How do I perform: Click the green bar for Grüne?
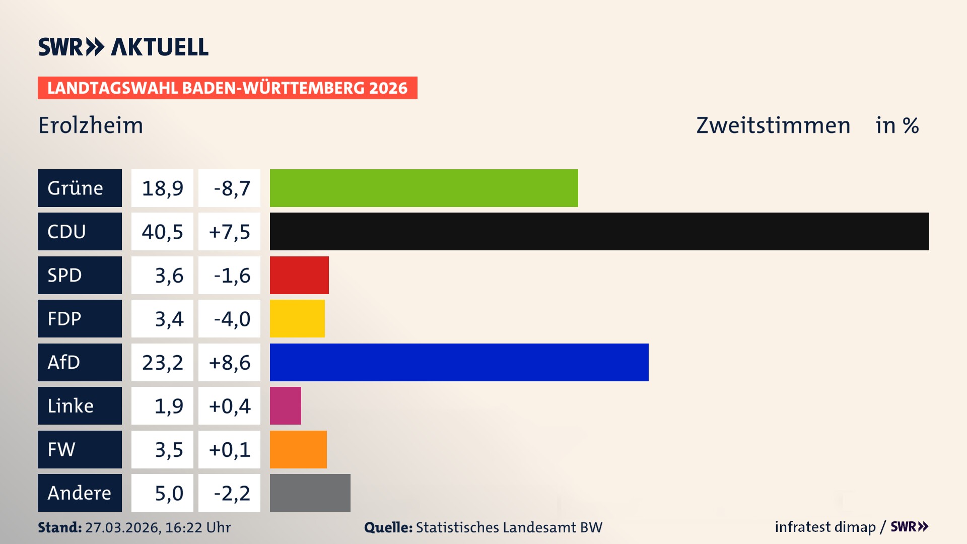424,188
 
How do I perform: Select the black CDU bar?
599,232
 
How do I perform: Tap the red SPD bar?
299,275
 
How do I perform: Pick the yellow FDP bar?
297,318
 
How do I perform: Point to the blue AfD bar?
459,362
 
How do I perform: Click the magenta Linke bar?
285,405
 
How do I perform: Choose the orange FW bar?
298,449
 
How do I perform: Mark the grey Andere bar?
310,493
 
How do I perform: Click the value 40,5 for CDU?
162,232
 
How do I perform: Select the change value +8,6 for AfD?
229,362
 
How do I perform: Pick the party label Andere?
80,493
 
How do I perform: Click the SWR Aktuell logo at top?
123,47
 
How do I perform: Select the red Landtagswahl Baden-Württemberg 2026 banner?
227,88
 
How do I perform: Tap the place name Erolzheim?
91,125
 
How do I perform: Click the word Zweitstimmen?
773,125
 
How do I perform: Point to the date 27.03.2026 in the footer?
122,527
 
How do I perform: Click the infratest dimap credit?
825,527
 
